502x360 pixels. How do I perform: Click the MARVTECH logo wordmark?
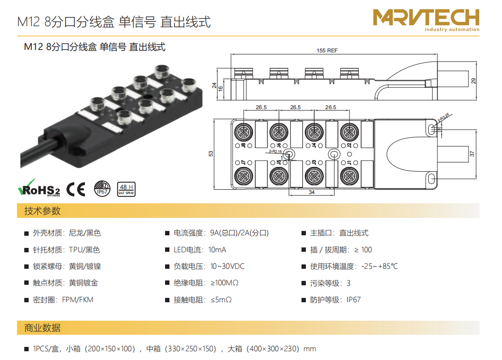[x=426, y=18]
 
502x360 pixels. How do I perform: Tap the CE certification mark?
[x=76, y=189]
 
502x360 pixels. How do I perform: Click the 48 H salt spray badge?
[x=126, y=188]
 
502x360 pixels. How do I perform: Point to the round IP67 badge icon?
[x=102, y=188]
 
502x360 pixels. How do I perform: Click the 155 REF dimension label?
[x=327, y=50]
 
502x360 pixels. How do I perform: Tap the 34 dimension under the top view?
[x=311, y=192]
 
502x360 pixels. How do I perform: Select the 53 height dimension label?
[x=211, y=153]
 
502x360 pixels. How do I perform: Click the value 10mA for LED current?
[x=217, y=250]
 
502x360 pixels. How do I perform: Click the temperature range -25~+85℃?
[x=380, y=266]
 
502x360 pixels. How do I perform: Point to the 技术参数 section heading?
[x=42, y=211]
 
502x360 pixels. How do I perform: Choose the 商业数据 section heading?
[x=42, y=328]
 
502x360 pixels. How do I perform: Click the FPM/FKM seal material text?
[x=77, y=299]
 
